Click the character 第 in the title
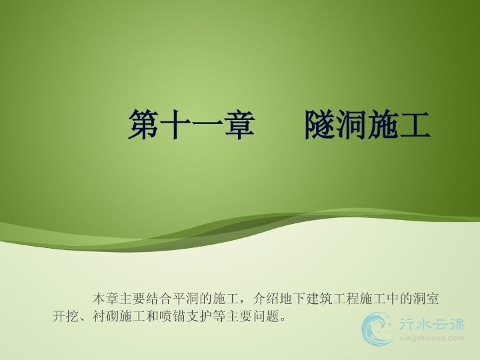coord(143,125)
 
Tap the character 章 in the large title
coord(240,125)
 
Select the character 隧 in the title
coord(319,125)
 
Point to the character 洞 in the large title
coord(351,125)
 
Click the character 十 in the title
coord(175,125)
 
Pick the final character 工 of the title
coord(415,125)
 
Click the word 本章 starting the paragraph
coord(105,299)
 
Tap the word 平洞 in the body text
coord(186,299)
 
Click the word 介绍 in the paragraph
coord(266,299)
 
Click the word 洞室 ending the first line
coord(426,299)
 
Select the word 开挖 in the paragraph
coord(66,316)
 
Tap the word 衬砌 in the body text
coord(105,316)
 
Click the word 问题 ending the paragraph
coord(266,316)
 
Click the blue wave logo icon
coord(377,329)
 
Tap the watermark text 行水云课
coord(431,324)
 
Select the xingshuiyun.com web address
coord(431,338)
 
